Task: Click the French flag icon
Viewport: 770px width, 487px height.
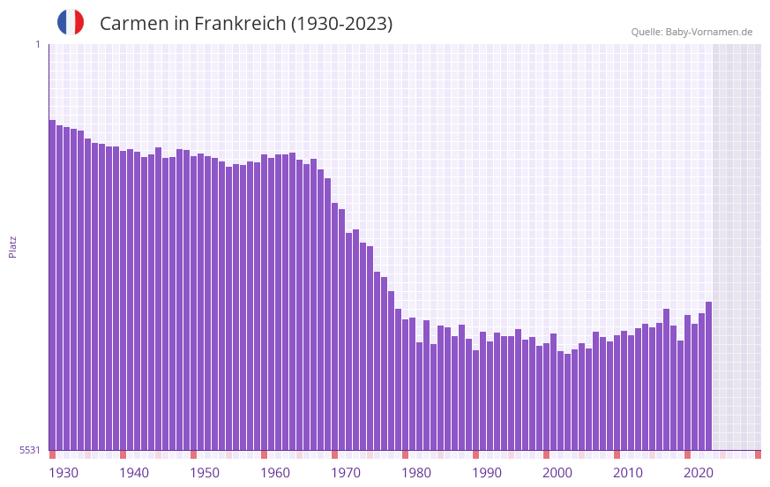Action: click(71, 22)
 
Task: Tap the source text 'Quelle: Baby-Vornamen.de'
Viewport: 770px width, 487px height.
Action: click(692, 32)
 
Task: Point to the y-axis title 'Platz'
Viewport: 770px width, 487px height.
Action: click(12, 246)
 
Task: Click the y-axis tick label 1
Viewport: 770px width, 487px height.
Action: click(37, 44)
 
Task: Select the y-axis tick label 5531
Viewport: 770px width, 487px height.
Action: click(30, 450)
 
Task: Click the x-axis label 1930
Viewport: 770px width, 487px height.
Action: click(64, 473)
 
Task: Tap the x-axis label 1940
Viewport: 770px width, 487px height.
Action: click(134, 473)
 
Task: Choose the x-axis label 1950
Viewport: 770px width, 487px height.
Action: click(205, 473)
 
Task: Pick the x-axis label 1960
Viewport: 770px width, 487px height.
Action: click(275, 473)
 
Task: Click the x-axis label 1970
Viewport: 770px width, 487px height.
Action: click(346, 473)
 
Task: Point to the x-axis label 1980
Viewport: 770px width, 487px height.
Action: click(416, 473)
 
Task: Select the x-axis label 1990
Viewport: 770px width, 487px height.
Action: click(487, 473)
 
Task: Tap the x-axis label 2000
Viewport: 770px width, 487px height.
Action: click(557, 473)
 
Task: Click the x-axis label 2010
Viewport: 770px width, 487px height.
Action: click(628, 473)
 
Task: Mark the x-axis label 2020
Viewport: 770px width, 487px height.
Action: click(699, 473)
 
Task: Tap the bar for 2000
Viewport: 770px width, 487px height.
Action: click(546, 397)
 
